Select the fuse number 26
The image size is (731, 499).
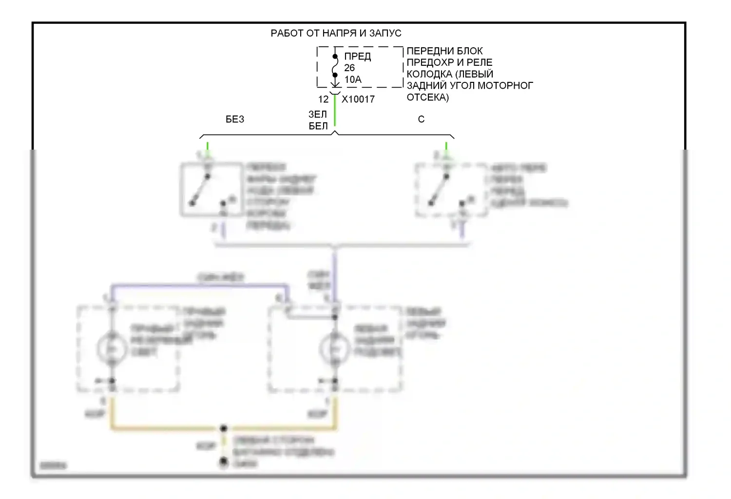pos(349,68)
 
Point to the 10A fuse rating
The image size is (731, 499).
pos(353,79)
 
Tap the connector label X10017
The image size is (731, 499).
pos(358,99)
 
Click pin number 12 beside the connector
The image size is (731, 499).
pos(323,99)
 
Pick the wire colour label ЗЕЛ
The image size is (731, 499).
pos(318,114)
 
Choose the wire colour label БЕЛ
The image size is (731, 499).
pos(318,126)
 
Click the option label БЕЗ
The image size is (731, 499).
pos(235,119)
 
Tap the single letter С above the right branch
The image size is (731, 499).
pos(421,119)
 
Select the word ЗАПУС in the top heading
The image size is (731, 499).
pos(385,33)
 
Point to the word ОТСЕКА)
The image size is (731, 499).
pos(428,97)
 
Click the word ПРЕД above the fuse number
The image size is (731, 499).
pos(358,56)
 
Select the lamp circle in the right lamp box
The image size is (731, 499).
pos(335,349)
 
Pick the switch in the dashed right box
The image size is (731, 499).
pos(439,190)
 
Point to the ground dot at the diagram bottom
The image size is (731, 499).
pos(224,461)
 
